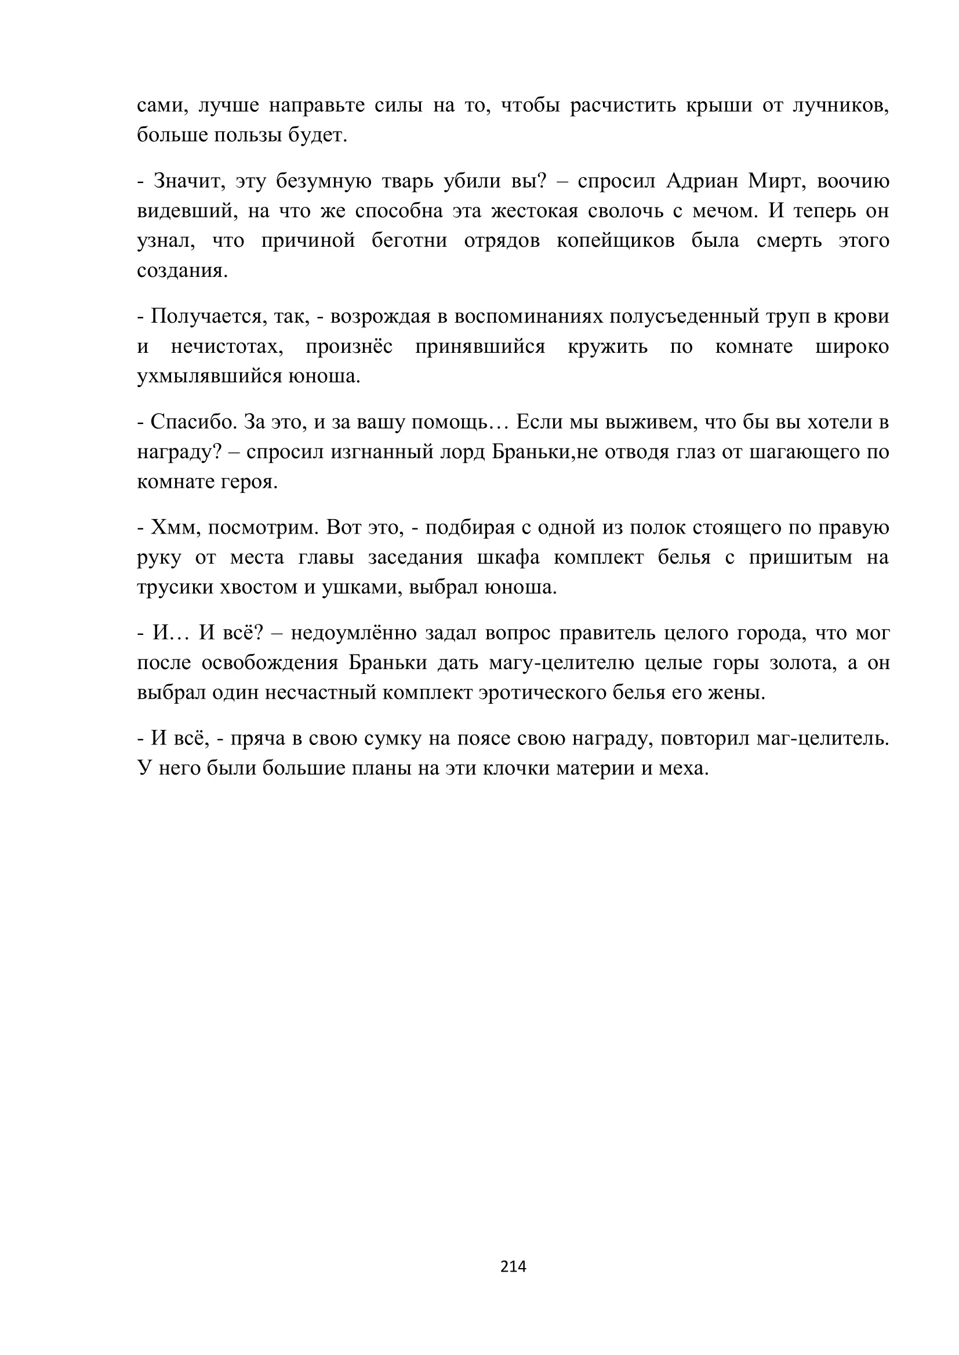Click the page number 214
click(513, 1266)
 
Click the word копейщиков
click(615, 241)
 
